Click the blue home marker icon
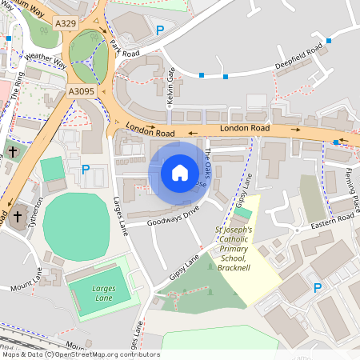pos(179,172)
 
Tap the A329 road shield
pos(66,24)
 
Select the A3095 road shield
pos(81,92)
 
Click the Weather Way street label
pos(46,62)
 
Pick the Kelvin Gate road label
pos(170,85)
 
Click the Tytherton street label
pos(34,214)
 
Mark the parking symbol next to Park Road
pos(160,30)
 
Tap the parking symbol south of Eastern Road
pos(318,287)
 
